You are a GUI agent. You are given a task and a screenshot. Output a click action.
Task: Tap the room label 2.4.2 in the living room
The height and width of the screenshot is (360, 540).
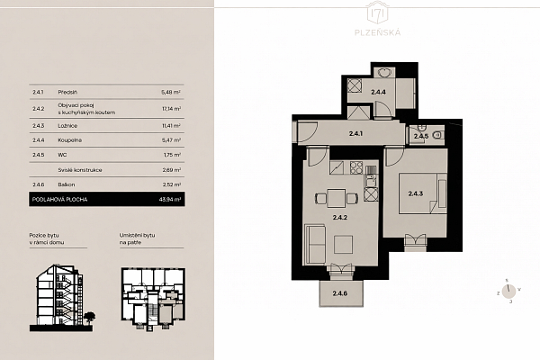pos(338,217)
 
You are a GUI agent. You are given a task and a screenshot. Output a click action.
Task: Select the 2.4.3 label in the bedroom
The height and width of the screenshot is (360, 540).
pos(416,193)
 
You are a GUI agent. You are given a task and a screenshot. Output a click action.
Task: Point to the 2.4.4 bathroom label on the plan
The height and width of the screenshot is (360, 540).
pos(378,92)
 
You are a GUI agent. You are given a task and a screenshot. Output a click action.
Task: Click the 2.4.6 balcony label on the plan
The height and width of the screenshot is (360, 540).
pos(339,294)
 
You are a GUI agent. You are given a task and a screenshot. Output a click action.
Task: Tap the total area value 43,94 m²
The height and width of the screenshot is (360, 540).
pos(170,199)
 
